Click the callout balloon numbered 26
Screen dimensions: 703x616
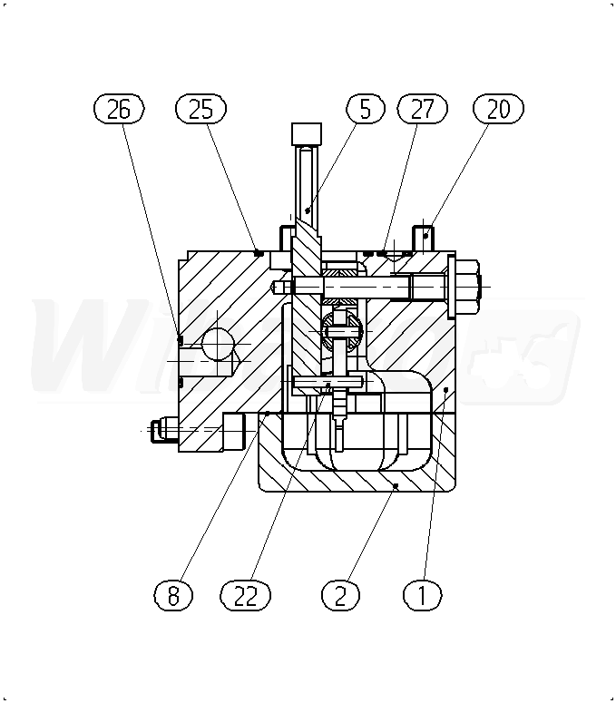(119, 109)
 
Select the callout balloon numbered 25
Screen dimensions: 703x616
(200, 109)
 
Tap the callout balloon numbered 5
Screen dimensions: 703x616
(365, 109)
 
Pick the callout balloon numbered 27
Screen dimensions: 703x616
(423, 109)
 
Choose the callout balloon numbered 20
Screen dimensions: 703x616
(498, 109)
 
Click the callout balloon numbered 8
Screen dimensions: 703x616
(172, 595)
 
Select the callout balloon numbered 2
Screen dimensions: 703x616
(340, 595)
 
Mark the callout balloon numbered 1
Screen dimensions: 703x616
(422, 595)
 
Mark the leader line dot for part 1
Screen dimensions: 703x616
(446, 389)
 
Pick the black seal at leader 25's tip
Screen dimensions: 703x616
(259, 253)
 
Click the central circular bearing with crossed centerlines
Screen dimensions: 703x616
(342, 331)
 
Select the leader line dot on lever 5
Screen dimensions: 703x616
(308, 210)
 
